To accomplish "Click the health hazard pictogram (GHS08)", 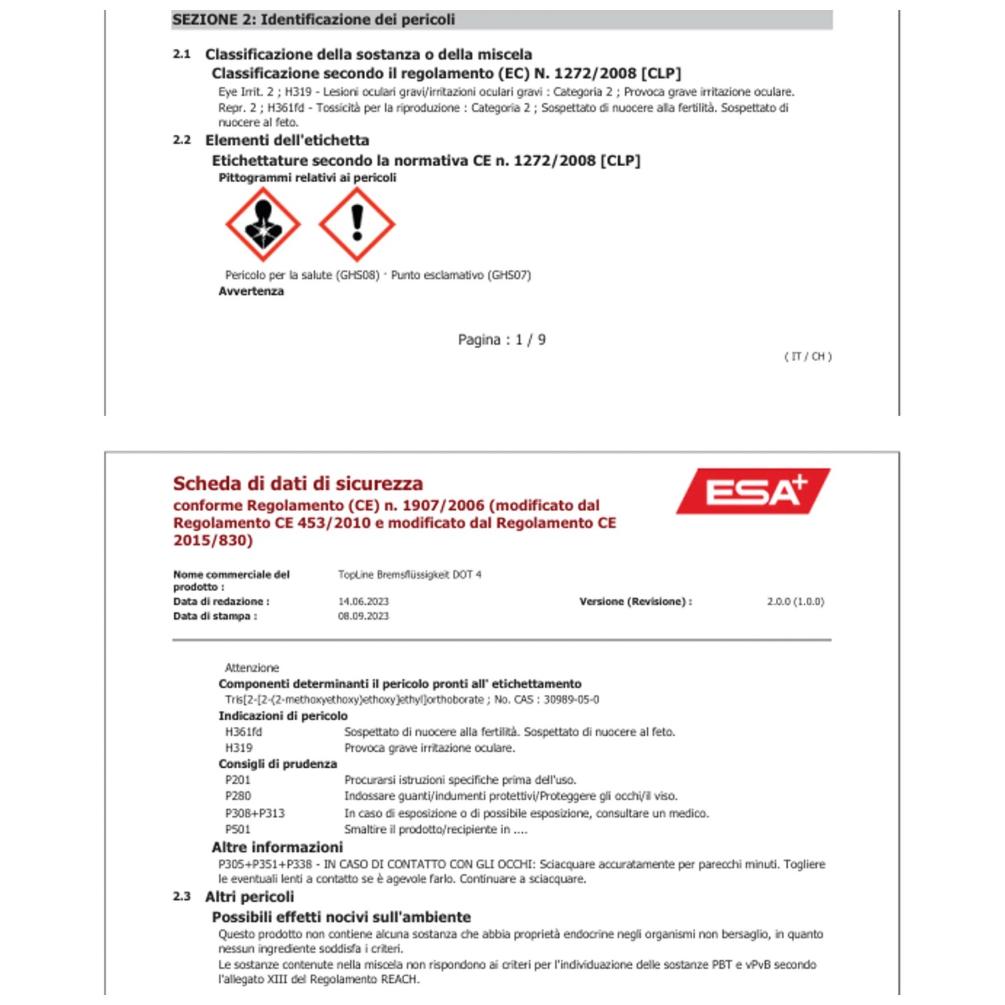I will (x=263, y=224).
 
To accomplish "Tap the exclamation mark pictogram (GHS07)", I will (x=356, y=224).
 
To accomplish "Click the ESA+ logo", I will (x=753, y=491).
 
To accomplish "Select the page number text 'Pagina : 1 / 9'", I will (x=501, y=340).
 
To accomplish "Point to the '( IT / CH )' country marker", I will (x=807, y=356).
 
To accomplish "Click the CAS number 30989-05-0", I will (x=572, y=699).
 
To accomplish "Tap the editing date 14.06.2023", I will (x=363, y=602).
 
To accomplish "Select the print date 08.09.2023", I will (x=363, y=616).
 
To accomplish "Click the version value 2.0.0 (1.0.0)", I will (x=795, y=602).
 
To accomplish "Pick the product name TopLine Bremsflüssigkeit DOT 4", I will (x=409, y=575).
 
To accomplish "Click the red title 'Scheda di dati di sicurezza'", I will (x=298, y=484).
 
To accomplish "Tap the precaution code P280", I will (x=238, y=796).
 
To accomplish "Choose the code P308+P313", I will (x=255, y=813).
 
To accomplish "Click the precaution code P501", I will (x=238, y=829).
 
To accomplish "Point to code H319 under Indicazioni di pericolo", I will (x=239, y=748).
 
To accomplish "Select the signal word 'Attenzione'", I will (x=252, y=668).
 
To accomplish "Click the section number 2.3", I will (x=182, y=896).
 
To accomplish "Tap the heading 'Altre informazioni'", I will (x=277, y=847).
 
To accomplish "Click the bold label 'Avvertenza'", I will (x=251, y=291).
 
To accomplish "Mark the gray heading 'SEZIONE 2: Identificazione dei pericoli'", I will (x=314, y=19).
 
